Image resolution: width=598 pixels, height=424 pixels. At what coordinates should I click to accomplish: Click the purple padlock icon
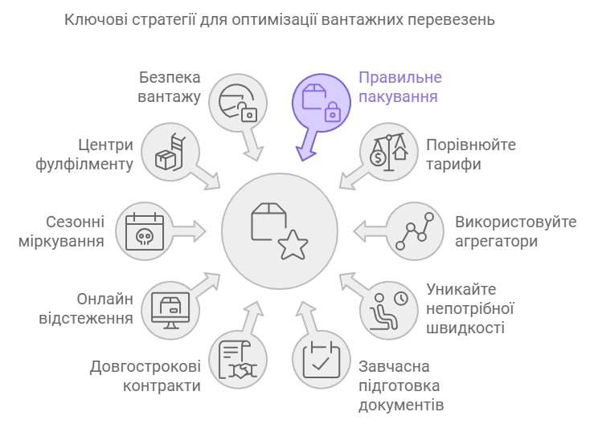(333, 112)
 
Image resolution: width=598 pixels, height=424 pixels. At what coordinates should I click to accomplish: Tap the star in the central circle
(293, 246)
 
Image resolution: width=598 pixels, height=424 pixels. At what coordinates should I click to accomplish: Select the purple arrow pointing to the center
(307, 145)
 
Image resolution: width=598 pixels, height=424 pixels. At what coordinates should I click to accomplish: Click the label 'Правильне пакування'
(400, 87)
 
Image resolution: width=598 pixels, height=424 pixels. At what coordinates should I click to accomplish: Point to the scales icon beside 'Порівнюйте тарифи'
(389, 153)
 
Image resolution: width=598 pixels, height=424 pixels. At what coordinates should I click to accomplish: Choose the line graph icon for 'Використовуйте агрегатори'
(415, 231)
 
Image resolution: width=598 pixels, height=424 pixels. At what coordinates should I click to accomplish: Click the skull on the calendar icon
(145, 237)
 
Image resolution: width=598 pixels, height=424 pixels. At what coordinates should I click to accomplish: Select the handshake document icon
(238, 360)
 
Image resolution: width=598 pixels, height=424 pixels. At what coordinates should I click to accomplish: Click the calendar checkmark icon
(322, 360)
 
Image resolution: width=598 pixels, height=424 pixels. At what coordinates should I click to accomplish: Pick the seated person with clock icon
(389, 311)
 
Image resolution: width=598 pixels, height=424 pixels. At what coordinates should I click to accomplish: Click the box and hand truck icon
(170, 153)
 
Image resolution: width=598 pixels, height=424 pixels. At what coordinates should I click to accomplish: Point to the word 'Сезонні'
(75, 222)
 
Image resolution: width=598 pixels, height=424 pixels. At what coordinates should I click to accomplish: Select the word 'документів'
(401, 405)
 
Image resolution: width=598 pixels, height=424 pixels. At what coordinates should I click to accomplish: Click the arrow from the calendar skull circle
(190, 231)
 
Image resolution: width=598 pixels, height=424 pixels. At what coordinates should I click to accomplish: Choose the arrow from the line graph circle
(370, 231)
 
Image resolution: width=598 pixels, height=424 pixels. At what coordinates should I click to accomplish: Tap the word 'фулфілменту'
(84, 165)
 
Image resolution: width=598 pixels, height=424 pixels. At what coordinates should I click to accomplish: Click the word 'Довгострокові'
(145, 366)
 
